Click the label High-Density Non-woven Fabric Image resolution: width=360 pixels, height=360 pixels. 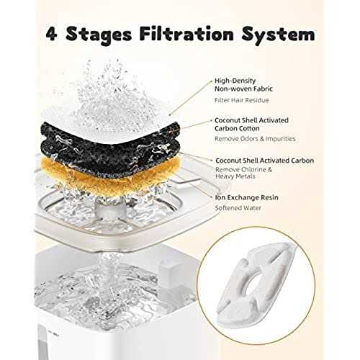pos(244,86)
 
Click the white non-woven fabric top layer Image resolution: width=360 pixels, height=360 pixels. pos(122,108)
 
